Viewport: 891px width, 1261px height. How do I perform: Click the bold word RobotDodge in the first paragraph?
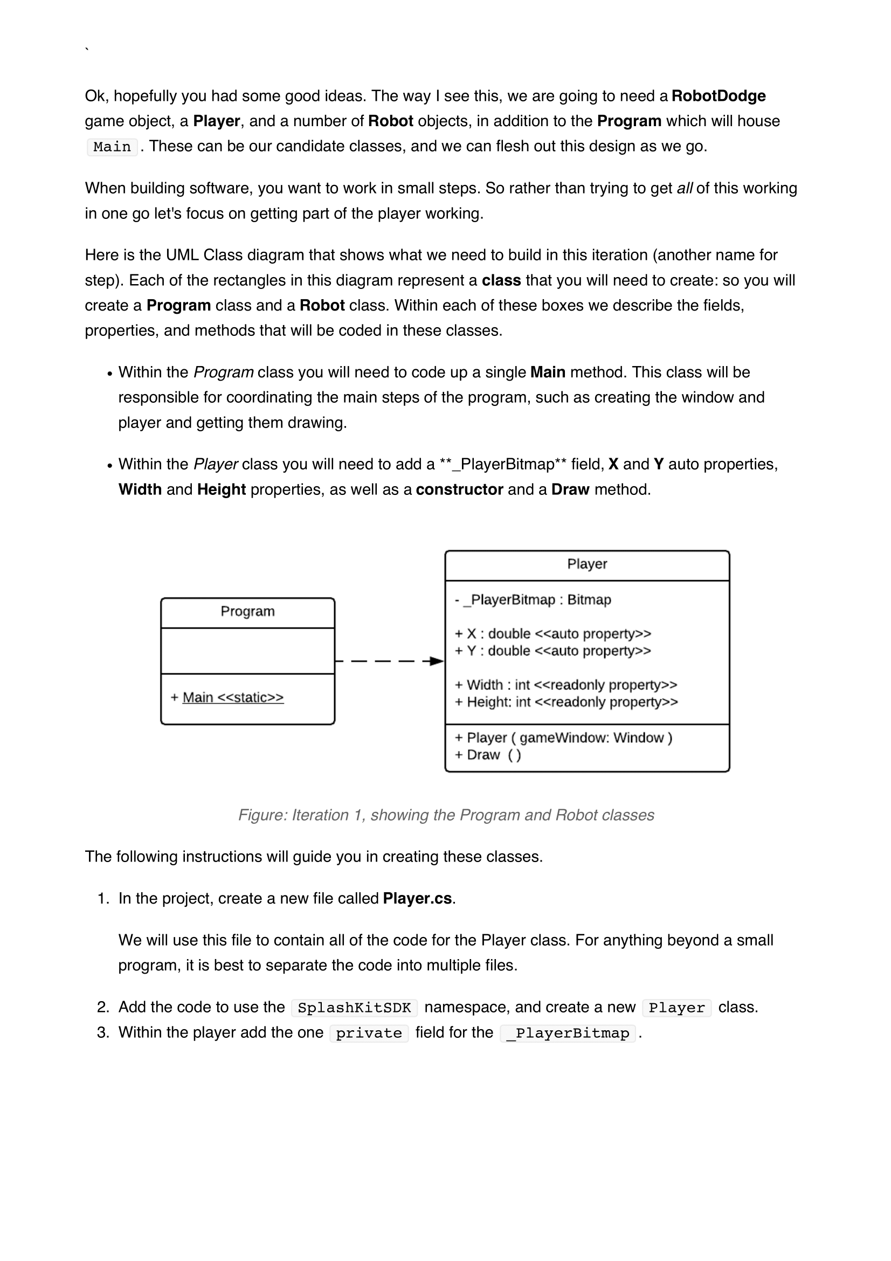[x=718, y=96]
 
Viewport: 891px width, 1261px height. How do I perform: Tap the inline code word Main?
[x=112, y=147]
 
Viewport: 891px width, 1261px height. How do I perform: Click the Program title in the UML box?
[x=247, y=611]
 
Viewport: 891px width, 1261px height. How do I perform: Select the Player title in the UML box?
[x=587, y=564]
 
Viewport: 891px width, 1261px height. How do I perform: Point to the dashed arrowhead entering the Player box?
[x=437, y=661]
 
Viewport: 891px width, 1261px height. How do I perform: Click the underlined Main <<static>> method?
[x=233, y=698]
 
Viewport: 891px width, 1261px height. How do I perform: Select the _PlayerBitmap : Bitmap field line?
[x=533, y=600]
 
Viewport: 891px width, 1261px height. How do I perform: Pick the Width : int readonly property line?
[x=566, y=685]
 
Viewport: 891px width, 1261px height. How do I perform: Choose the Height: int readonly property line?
[x=566, y=702]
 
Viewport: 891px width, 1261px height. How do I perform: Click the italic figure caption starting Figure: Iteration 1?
[x=446, y=815]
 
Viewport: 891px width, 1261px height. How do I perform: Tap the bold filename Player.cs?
[x=417, y=899]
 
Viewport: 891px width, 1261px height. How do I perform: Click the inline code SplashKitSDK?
[x=354, y=1008]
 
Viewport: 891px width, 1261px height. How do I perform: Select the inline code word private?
[x=369, y=1033]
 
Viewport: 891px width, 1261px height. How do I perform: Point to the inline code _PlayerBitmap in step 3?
[x=568, y=1033]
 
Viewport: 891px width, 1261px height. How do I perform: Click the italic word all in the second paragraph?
[x=685, y=188]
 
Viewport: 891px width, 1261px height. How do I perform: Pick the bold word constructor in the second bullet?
[x=459, y=490]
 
